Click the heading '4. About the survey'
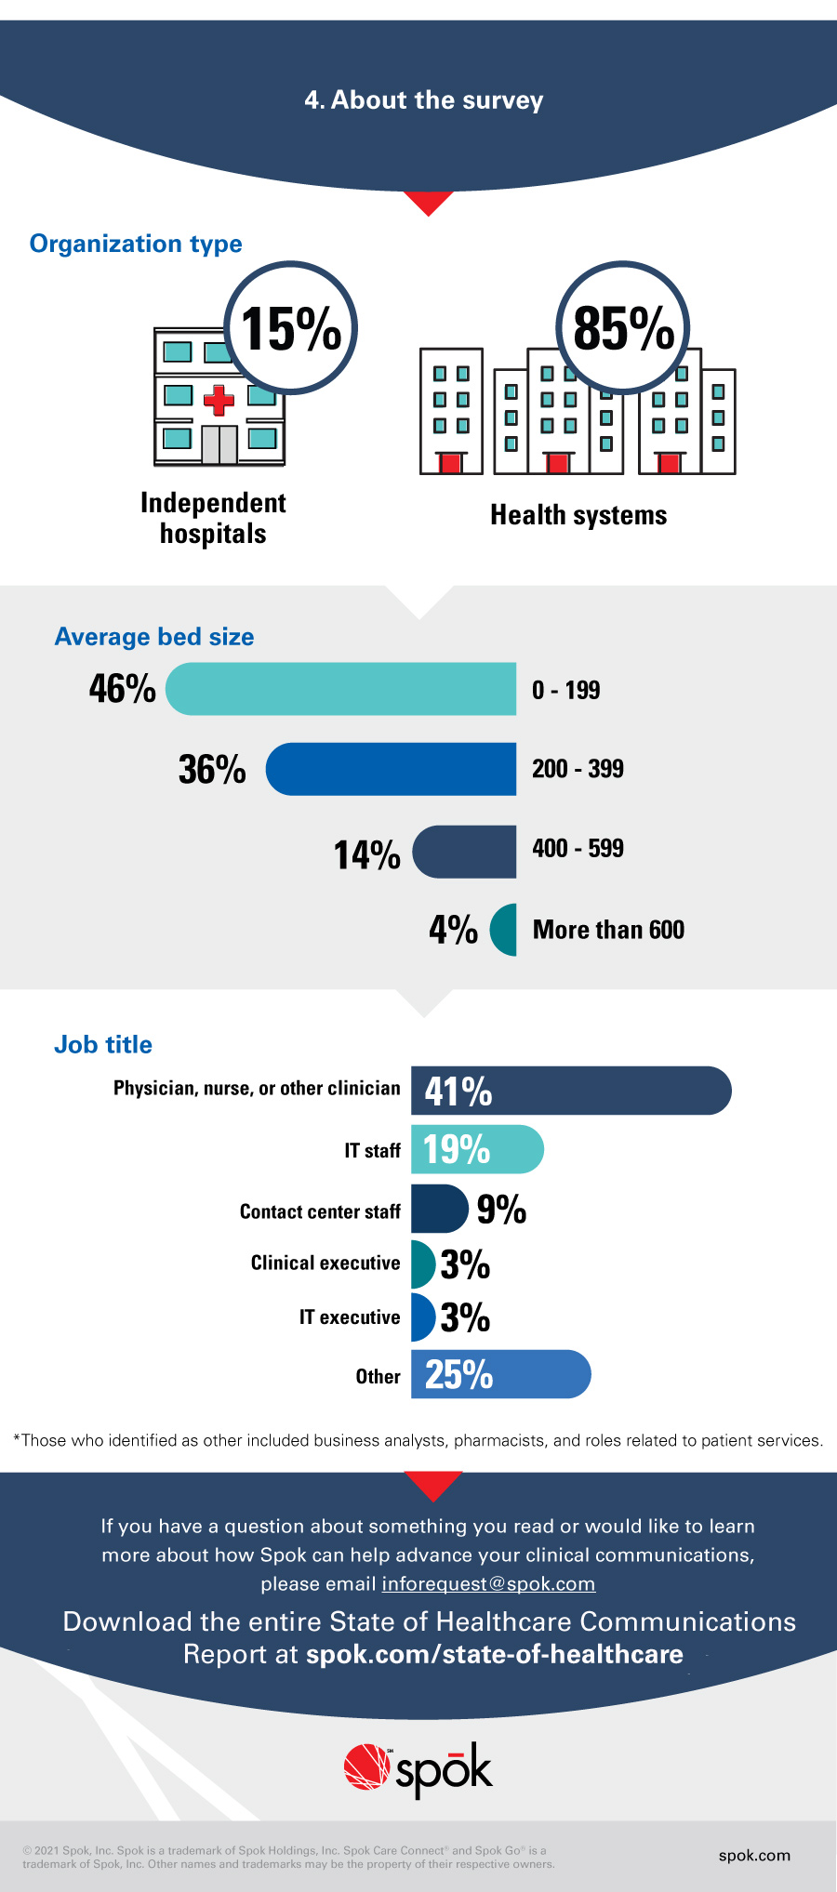tap(423, 100)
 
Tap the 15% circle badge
tap(292, 328)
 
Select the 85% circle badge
tap(623, 328)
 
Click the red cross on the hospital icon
tap(219, 400)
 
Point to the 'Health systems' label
tap(578, 515)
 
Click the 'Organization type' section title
tap(136, 244)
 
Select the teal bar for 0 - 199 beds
tap(340, 689)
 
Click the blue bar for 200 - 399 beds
tap(391, 769)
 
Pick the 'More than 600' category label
tap(608, 930)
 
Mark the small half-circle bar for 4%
tap(505, 930)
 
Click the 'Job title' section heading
tap(103, 1045)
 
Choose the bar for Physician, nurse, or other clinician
tap(571, 1091)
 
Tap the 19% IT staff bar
tap(477, 1150)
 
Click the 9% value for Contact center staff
tap(501, 1210)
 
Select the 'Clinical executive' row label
tap(325, 1264)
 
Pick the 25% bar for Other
tap(500, 1374)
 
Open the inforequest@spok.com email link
tap(488, 1583)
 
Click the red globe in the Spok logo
tap(366, 1766)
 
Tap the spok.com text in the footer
tap(754, 1855)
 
